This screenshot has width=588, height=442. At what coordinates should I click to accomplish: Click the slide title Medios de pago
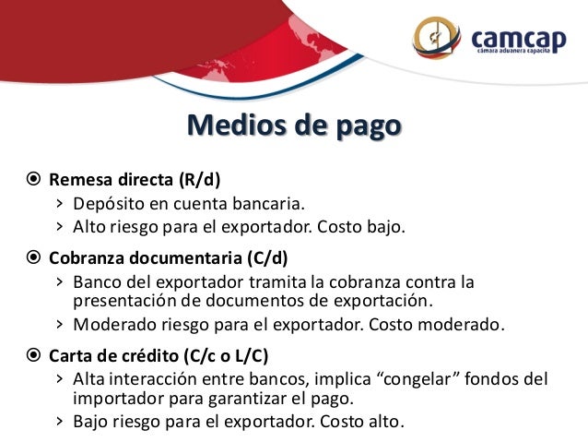pyautogui.click(x=294, y=125)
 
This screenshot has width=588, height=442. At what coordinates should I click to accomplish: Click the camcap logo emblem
pyautogui.click(x=440, y=38)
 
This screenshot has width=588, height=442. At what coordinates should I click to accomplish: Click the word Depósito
pyautogui.click(x=106, y=203)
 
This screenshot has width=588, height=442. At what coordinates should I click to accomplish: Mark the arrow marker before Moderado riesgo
pyautogui.click(x=59, y=324)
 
